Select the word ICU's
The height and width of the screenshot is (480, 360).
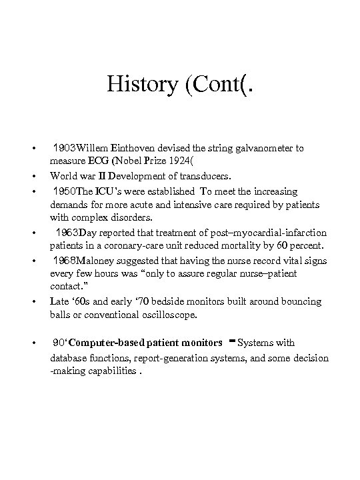[x=107, y=191]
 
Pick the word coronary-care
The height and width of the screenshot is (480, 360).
[x=153, y=246]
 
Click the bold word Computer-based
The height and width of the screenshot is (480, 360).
[x=102, y=343]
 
